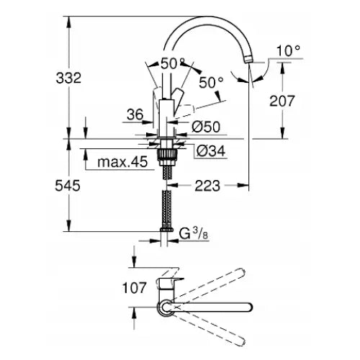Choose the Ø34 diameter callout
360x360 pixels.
click(209, 150)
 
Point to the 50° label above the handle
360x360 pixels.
click(173, 63)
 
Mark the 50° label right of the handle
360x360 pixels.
click(210, 83)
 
